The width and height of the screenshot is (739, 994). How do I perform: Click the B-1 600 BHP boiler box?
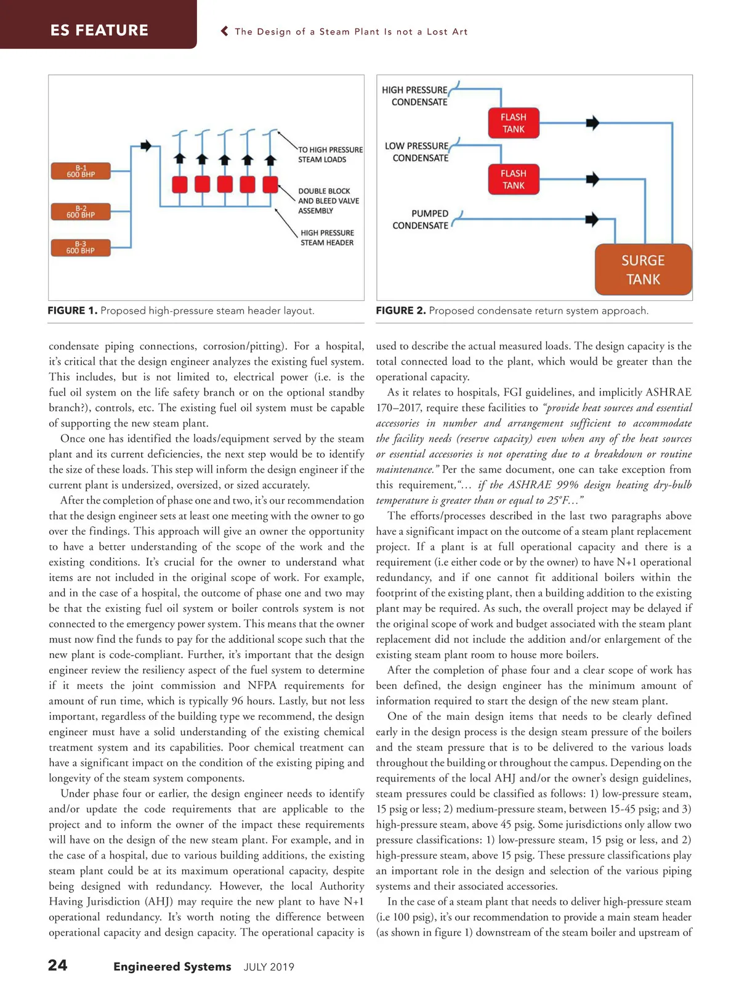coord(81,171)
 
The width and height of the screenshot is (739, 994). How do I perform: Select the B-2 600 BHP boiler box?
coord(81,212)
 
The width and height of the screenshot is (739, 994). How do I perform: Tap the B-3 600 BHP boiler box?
coord(81,248)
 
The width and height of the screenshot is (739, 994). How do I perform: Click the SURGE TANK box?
coord(643,270)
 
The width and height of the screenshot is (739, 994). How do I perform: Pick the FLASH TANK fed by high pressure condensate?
coord(513,123)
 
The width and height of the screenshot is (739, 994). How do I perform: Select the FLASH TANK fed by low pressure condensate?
coord(513,179)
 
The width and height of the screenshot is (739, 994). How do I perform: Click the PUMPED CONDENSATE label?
coord(421,219)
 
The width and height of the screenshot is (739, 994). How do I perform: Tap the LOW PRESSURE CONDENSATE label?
coord(418,152)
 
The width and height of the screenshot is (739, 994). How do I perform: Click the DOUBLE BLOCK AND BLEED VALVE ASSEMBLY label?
coord(328,201)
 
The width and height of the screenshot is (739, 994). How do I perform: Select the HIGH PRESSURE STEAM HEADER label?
coord(327,237)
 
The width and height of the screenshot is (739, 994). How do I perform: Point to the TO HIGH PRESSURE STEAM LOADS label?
coord(330,155)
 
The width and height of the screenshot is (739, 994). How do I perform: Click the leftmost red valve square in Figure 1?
coord(179,184)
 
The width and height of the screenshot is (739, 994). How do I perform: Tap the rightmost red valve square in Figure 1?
coord(270,184)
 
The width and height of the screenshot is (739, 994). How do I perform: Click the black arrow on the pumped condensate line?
coord(592,219)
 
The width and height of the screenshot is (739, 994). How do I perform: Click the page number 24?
coord(58,965)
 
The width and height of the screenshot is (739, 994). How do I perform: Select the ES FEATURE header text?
coord(99,30)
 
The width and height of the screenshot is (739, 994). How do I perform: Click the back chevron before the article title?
coord(225,31)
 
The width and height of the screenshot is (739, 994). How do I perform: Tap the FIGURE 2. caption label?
coord(400,311)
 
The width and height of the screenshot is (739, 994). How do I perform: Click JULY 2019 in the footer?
coord(269,967)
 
